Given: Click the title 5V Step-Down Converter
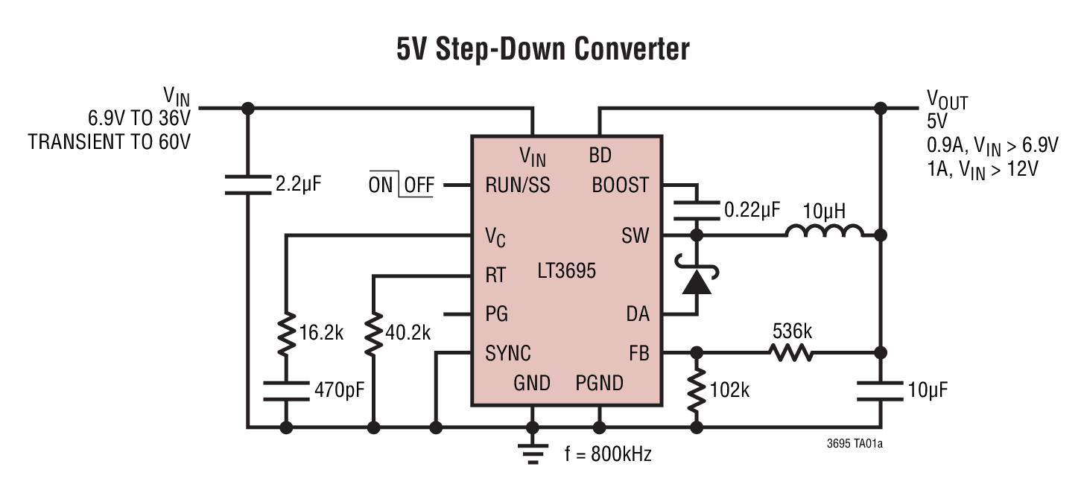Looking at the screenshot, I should [x=542, y=49].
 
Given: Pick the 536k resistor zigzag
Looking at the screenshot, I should [x=791, y=352].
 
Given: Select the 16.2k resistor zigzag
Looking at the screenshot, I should [x=286, y=334].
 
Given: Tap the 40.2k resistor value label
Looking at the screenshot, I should [x=408, y=333].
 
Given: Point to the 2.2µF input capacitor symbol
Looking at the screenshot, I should [x=248, y=184].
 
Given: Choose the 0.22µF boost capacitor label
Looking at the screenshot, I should [x=752, y=211].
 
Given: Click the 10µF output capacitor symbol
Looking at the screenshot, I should [x=880, y=389].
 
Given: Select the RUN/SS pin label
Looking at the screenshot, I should [x=518, y=185].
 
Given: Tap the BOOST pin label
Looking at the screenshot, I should [x=620, y=185].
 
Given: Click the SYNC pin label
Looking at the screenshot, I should [x=508, y=352].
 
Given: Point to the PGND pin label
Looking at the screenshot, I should [x=599, y=384].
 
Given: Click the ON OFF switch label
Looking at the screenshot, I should [x=401, y=185].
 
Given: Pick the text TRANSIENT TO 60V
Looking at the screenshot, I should [x=109, y=141].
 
